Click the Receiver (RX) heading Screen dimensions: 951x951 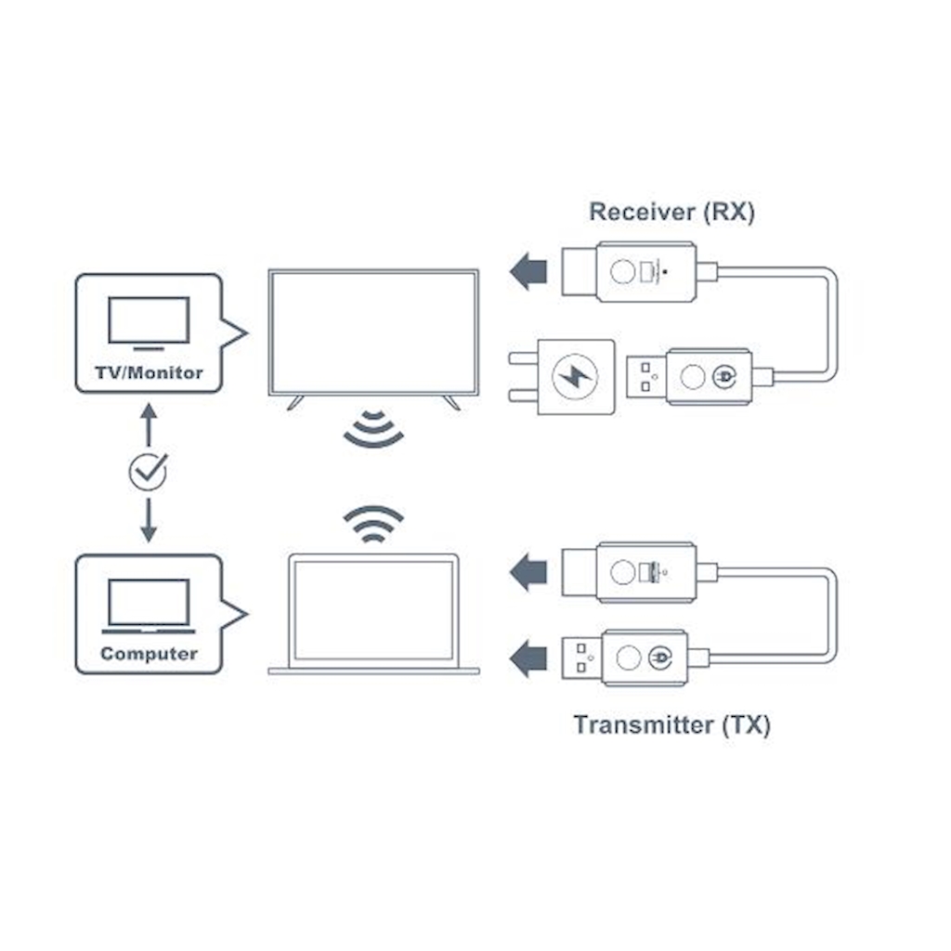pyautogui.click(x=671, y=212)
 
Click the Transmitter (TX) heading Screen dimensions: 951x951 pyautogui.click(x=671, y=724)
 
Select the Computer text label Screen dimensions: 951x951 pyautogui.click(x=149, y=654)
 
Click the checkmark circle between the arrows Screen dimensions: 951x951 pyautogui.click(x=148, y=472)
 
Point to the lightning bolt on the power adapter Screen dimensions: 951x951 pyautogui.click(x=575, y=377)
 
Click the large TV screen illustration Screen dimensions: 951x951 pyautogui.click(x=372, y=332)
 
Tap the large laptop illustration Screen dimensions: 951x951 pyautogui.click(x=373, y=614)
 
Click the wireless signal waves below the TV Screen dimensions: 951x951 pyautogui.click(x=373, y=430)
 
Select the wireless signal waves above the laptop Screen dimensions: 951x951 pyautogui.click(x=373, y=525)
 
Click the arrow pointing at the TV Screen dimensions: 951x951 pyautogui.click(x=528, y=272)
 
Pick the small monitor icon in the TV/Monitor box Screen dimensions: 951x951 pyautogui.click(x=149, y=322)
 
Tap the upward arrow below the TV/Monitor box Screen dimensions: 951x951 pyautogui.click(x=148, y=424)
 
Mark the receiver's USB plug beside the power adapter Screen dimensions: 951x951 pyautogui.click(x=646, y=376)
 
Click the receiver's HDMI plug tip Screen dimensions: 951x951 pyautogui.click(x=579, y=272)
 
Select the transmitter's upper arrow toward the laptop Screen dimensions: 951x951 pyautogui.click(x=528, y=572)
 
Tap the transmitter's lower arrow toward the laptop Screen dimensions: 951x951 pyautogui.click(x=528, y=658)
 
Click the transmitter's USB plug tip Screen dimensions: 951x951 pyautogui.click(x=582, y=658)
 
